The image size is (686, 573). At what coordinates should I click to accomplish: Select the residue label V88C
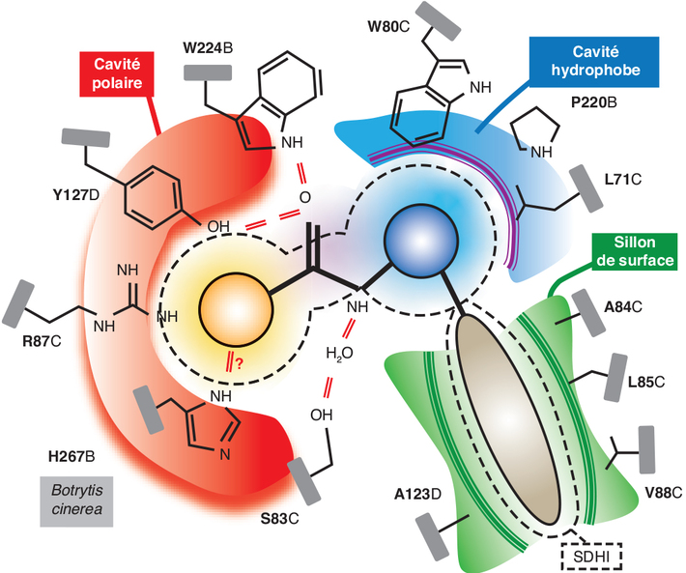pos(662,493)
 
